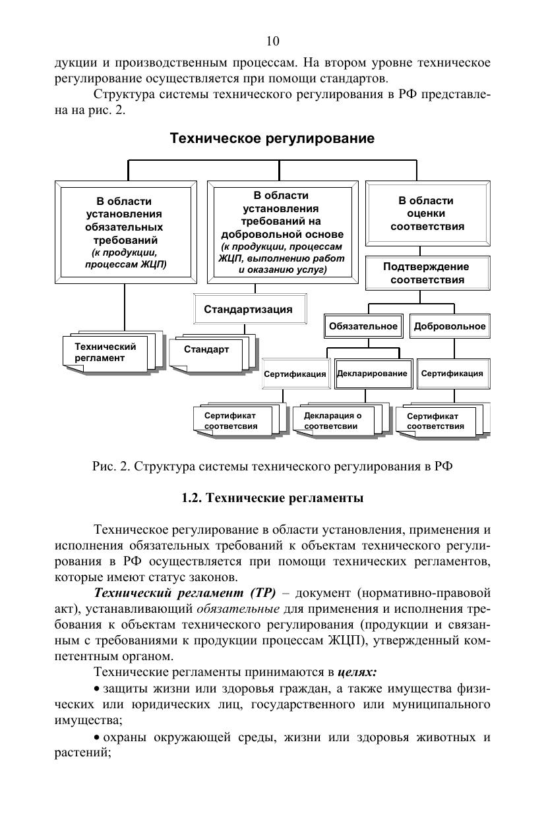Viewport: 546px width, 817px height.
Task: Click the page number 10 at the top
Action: pos(272,42)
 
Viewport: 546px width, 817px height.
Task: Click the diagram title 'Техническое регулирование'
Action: pos(272,139)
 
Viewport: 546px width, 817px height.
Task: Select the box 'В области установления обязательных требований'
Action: pos(125,233)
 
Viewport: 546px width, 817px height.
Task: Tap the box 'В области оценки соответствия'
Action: pos(427,214)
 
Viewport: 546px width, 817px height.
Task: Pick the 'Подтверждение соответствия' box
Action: pos(427,273)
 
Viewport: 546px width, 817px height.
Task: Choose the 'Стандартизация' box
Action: pos(247,310)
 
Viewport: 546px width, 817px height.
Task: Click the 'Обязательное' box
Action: pos(363,327)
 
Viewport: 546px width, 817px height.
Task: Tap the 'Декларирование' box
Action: pos(372,374)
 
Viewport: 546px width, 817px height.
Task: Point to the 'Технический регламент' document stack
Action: pos(107,352)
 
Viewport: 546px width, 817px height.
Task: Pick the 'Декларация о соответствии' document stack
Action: pos(334,421)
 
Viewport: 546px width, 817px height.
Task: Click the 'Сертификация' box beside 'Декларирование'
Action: pos(295,374)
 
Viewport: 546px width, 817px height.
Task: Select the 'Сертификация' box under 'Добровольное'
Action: pos(452,374)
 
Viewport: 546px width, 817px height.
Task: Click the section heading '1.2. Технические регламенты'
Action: pos(272,498)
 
